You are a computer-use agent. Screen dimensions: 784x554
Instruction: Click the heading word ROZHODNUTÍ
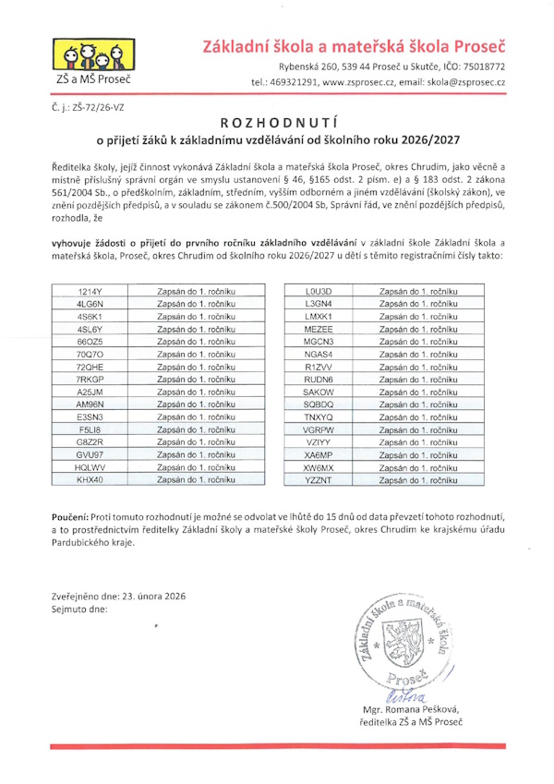pyautogui.click(x=276, y=122)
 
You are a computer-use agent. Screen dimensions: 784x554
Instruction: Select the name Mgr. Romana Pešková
pyautogui.click(x=412, y=709)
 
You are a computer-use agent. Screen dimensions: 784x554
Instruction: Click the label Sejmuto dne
pyautogui.click(x=80, y=609)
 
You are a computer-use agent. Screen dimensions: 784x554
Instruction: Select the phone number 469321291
pyautogui.click(x=295, y=82)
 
